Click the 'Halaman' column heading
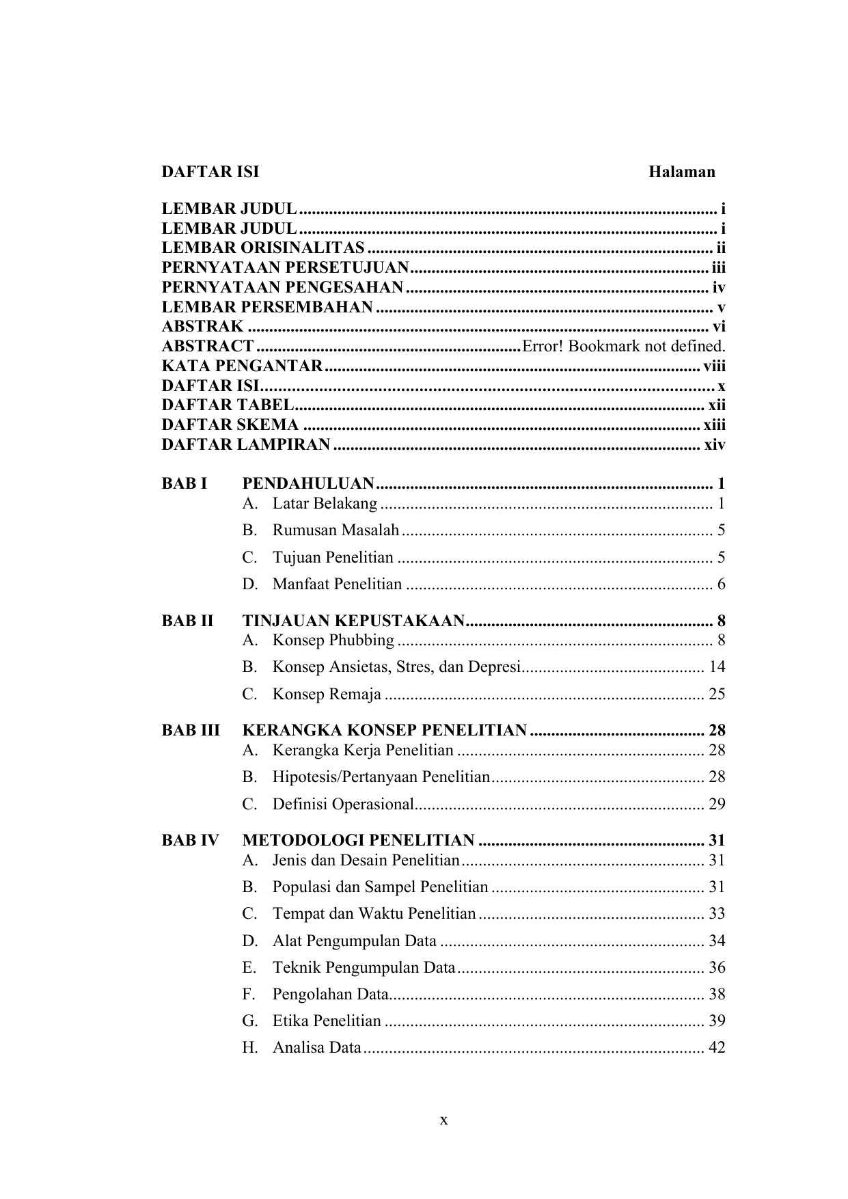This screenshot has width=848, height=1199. coord(681,172)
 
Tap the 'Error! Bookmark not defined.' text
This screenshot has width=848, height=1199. coord(623,346)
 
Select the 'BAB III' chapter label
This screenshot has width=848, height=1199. coord(191,730)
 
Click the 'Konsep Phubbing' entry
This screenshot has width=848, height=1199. coord(333,641)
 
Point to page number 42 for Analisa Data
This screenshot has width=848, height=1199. coord(716,1047)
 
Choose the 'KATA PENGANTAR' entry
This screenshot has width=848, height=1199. coord(242,366)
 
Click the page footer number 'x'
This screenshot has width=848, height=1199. coord(443,1120)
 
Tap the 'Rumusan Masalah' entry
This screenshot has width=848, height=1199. coord(336,530)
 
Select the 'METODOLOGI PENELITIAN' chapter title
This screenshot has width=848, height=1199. coord(359,840)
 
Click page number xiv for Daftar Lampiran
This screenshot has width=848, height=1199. coord(714,445)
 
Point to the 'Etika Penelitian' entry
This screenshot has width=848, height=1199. coord(327,1021)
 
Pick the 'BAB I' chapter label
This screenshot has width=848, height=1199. coord(184,484)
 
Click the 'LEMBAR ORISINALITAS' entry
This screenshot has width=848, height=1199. coord(263,247)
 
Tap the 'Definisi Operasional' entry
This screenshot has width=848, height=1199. coord(343,804)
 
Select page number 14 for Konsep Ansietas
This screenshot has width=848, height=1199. coord(716,666)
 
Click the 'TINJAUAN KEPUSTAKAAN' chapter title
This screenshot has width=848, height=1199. coord(354,621)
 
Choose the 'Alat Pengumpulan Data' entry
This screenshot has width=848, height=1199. coord(354,941)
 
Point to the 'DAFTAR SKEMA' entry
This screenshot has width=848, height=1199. coord(230,425)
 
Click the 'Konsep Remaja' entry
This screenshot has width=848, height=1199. coord(327,695)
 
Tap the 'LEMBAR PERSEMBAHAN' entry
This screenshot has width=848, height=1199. coord(267,307)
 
